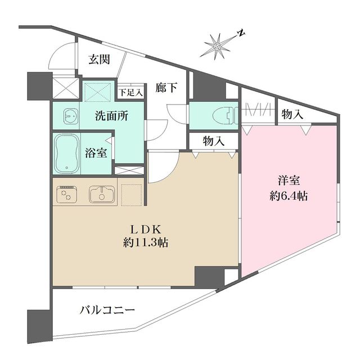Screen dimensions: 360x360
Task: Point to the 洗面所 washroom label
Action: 111,116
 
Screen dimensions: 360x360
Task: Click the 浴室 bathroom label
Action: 96,153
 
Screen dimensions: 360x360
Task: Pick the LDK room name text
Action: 147,229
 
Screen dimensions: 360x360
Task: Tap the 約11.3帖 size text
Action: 147,243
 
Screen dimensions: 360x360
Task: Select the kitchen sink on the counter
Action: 102,194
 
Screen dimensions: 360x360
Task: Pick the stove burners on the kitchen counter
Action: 67,195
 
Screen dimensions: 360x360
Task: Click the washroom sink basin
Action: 70,115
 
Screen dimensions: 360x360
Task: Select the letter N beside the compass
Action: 240,32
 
